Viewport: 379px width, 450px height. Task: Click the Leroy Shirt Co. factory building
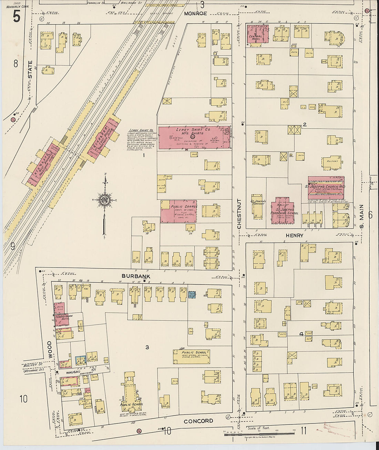pos(194,137)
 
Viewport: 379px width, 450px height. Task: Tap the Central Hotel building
pos(257,34)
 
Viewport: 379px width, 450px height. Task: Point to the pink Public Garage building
pos(178,211)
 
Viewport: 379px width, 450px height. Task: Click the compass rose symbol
pos(104,200)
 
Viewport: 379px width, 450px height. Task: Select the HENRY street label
pos(294,236)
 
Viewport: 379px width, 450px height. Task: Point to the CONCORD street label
pos(198,421)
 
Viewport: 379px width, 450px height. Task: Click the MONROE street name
pos(195,13)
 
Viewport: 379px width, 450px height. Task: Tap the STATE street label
pos(30,69)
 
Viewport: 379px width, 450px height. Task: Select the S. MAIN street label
pos(361,217)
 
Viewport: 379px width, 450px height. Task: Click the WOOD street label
pos(50,350)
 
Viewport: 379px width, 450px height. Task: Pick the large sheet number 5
pos(16,16)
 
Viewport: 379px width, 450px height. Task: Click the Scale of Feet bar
pos(259,434)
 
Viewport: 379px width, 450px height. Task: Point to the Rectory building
pos(332,162)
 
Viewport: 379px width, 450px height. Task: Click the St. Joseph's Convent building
pos(258,209)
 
